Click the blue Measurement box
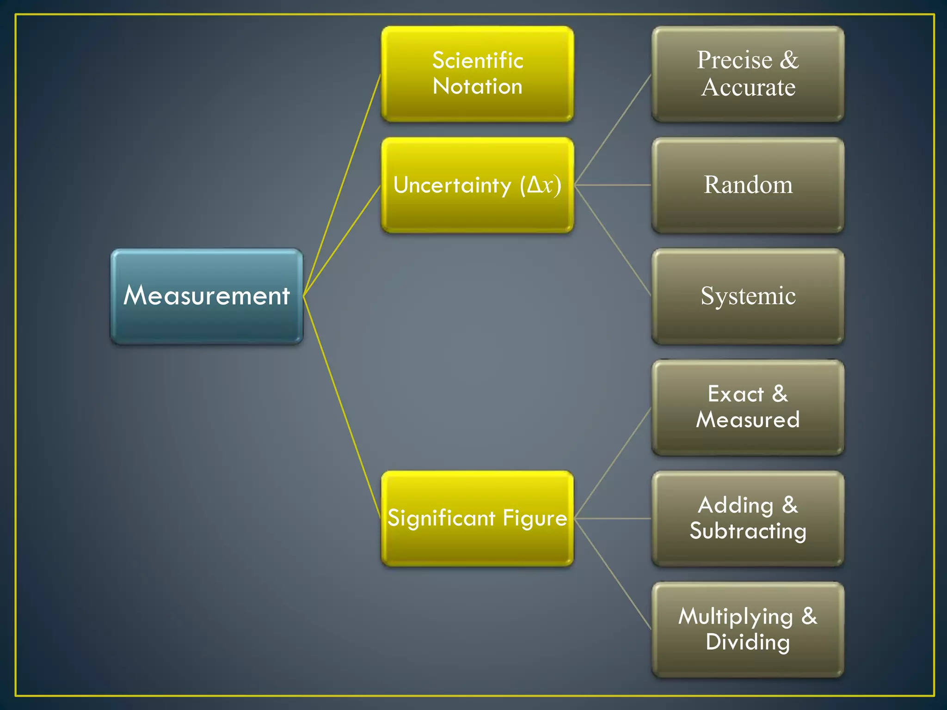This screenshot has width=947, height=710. pos(207,296)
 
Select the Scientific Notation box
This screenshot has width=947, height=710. pos(477,74)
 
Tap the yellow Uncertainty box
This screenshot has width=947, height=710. pos(477,185)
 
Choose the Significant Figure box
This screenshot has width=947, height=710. pos(477,518)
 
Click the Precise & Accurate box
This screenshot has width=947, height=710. pos(748,74)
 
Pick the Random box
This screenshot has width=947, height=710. pos(748,185)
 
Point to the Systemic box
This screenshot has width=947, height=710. pos(748,296)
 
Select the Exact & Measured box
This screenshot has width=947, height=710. pos(748,407)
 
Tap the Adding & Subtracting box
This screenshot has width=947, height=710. pos(748,518)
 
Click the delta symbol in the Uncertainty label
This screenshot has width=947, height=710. pos(534,184)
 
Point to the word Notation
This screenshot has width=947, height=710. pos(477,86)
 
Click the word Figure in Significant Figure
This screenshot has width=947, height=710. pos(535,518)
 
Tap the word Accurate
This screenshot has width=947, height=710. pos(748,87)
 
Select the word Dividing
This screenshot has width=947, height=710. pos(748,642)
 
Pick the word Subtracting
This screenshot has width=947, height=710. pos(748,531)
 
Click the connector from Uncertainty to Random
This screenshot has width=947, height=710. pos(613,185)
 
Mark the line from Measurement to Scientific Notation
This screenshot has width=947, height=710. pos(342,185)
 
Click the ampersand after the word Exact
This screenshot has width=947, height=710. pos(780,394)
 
